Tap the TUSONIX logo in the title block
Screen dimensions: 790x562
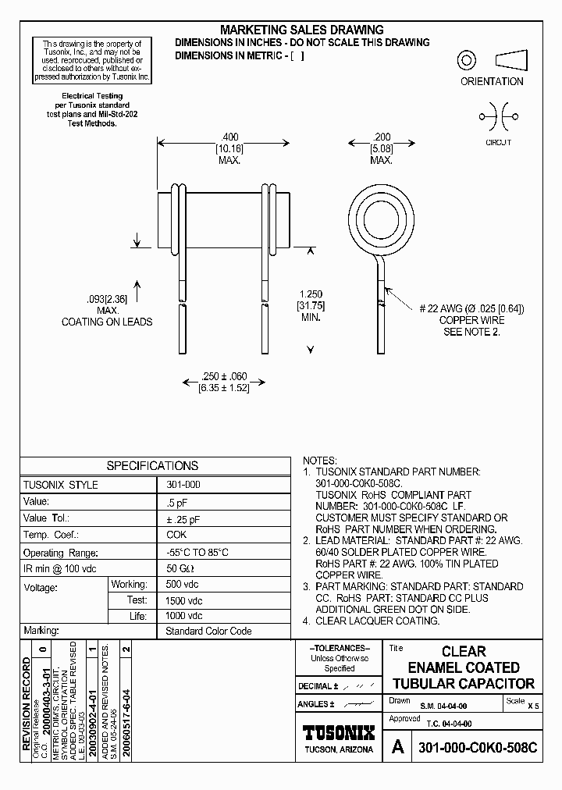339,733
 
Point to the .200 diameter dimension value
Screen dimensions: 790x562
381,135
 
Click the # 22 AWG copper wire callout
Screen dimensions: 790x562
471,309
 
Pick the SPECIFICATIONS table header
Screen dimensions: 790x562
152,466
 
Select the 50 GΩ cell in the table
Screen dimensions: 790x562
181,568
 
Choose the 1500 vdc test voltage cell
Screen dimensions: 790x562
184,600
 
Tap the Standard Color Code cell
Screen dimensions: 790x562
208,631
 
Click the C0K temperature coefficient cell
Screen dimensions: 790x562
176,534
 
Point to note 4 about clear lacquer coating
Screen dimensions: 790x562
372,621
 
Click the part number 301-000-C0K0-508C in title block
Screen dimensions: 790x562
478,747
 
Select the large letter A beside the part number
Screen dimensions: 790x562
397,747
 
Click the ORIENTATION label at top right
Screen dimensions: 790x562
492,81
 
